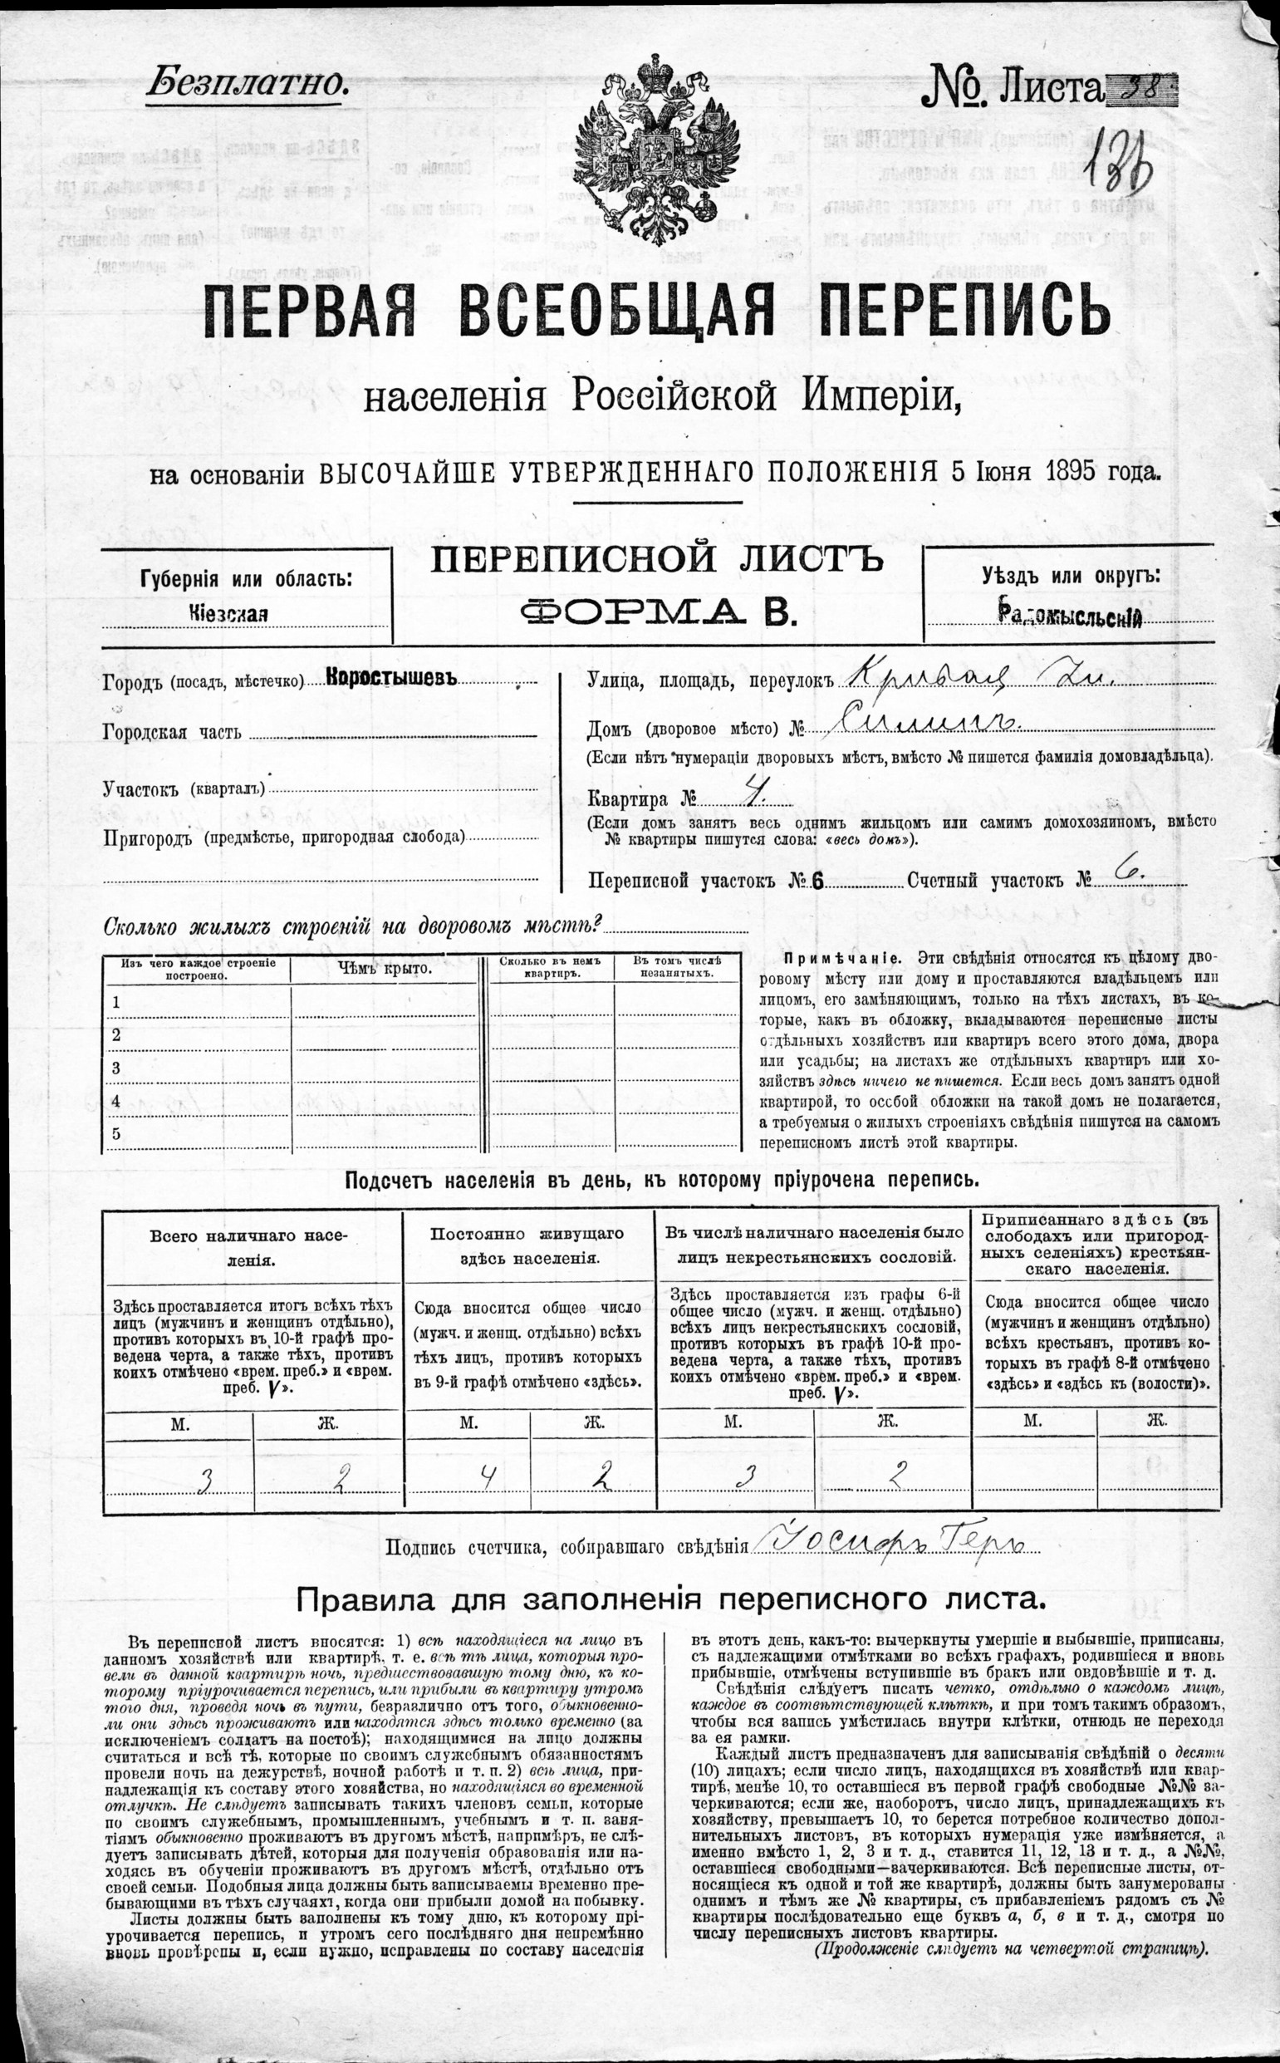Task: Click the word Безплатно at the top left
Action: point(248,83)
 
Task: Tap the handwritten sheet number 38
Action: point(1140,87)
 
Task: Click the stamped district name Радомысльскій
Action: point(1070,616)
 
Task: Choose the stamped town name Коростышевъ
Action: point(391,680)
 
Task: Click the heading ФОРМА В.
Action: point(660,611)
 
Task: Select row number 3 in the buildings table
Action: point(117,1068)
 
